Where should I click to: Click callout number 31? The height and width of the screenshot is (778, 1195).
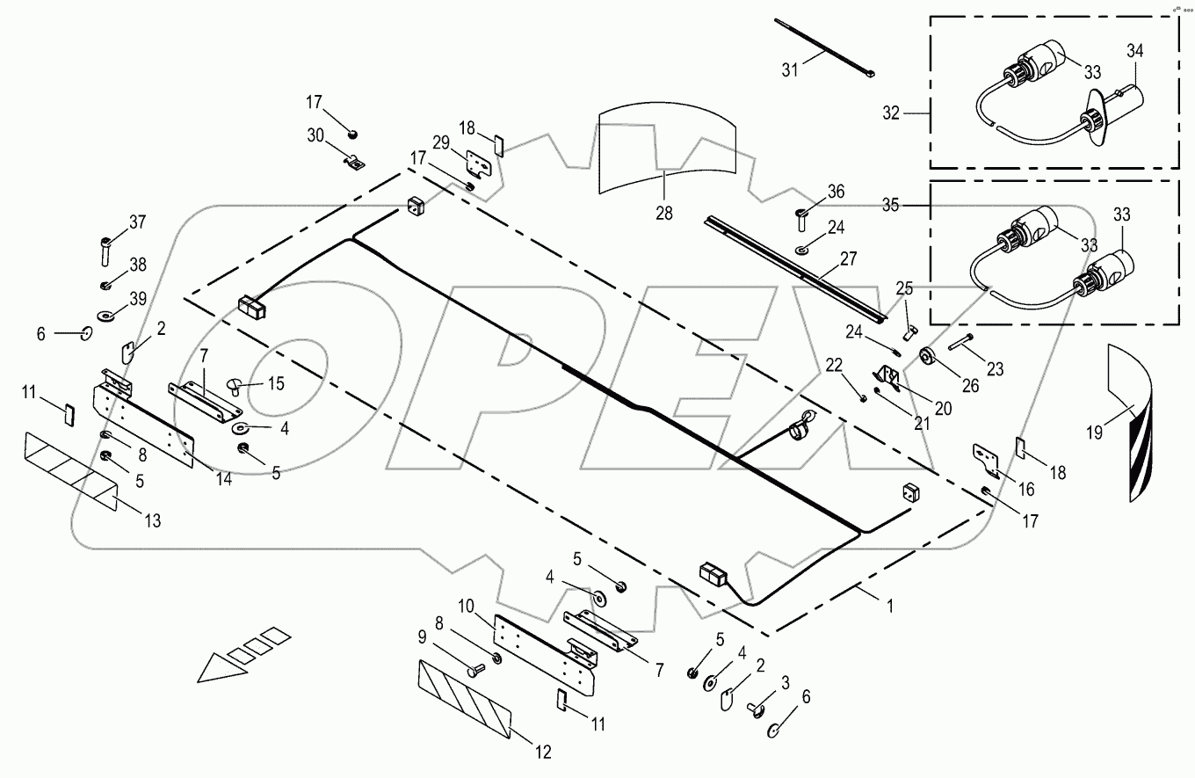791,69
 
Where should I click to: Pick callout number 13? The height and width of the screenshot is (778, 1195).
152,520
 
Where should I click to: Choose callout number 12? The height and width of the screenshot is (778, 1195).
545,751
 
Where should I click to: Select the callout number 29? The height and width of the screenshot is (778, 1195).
440,142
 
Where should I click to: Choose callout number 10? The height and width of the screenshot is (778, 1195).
467,607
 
